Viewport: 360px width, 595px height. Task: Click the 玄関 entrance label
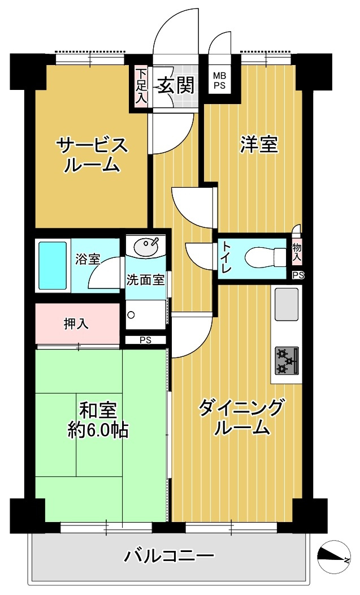176,85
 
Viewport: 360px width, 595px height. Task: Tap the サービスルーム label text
92,155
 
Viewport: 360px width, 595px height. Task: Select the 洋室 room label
259,145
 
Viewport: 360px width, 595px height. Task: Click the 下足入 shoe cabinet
141,86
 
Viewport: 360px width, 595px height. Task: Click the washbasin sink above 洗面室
146,246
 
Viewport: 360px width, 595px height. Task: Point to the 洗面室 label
145,279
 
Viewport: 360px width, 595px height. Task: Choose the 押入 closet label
76,324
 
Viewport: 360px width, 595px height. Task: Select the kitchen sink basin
287,304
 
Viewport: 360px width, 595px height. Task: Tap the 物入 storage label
296,252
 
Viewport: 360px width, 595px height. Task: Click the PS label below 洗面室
145,340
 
